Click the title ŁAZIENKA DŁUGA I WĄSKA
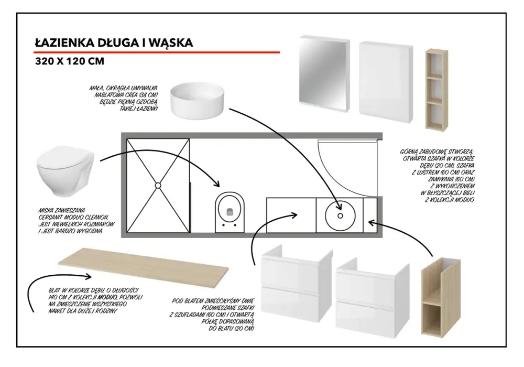click(114, 43)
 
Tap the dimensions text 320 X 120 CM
click(70, 61)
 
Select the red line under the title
click(156, 52)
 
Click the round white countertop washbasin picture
click(197, 101)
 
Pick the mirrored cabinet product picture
click(324, 73)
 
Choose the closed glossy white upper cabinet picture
click(386, 82)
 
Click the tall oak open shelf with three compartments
click(436, 90)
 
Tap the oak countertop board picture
click(144, 265)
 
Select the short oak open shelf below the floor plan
click(441, 297)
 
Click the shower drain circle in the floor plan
click(158, 186)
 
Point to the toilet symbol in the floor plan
click(230, 212)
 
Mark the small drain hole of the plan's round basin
click(340, 216)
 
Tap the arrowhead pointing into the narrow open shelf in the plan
click(371, 222)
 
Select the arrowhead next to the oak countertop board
click(89, 276)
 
